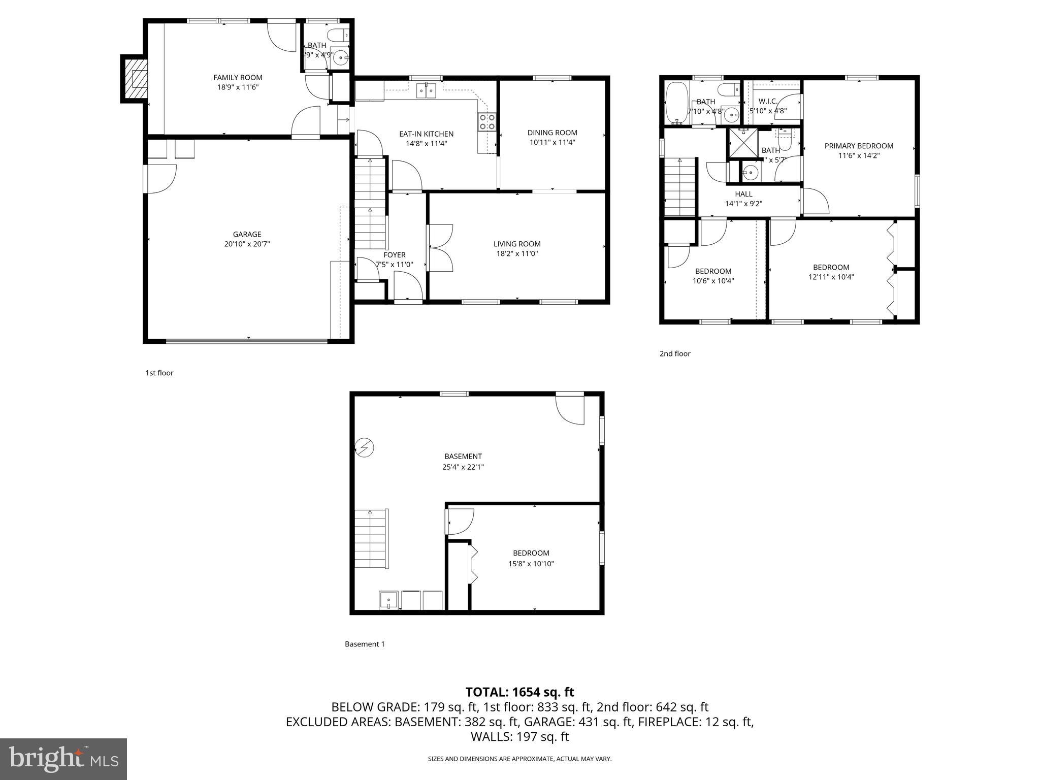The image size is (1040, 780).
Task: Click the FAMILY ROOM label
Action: point(238,78)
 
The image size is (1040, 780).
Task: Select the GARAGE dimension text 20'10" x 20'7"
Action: point(247,244)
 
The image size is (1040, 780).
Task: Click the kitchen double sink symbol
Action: point(426,91)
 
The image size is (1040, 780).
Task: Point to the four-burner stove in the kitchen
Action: point(487,122)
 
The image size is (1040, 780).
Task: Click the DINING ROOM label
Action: point(552,133)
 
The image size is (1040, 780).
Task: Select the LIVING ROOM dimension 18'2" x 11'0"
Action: point(517,254)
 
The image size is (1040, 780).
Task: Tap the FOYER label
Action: point(395,255)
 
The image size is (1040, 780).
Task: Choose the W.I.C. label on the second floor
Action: point(768,102)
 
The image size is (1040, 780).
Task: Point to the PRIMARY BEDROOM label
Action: point(859,146)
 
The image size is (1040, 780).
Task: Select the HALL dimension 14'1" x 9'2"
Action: point(743,204)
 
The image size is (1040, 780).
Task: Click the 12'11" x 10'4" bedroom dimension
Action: point(831,277)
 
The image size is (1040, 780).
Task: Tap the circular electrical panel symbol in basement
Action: point(364,447)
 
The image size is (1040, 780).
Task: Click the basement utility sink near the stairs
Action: point(388,600)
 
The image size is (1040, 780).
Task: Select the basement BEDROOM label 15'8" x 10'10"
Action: point(531,553)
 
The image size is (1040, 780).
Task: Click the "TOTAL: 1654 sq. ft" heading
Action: point(519,692)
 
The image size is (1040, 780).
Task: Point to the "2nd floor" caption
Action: point(675,353)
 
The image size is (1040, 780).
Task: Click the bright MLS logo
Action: point(63,759)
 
